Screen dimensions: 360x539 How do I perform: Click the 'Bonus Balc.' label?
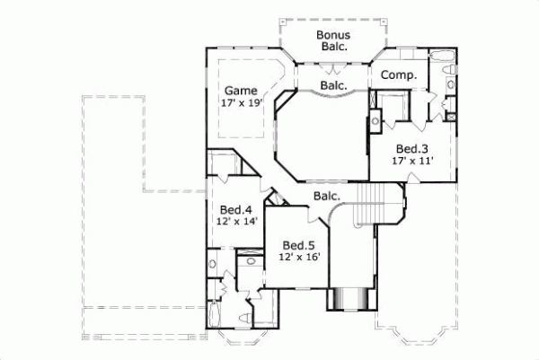pos(331,41)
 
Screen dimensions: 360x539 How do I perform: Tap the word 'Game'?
pos(240,91)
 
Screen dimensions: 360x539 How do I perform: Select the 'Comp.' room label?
pos(398,76)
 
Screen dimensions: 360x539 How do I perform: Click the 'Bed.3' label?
pos(412,148)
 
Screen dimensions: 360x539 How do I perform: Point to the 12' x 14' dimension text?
pos(236,220)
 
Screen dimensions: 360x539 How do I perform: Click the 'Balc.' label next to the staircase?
pos(326,195)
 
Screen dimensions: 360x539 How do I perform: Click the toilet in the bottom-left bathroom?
pos(246,318)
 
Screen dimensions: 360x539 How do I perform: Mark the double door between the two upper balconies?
pos(334,69)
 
